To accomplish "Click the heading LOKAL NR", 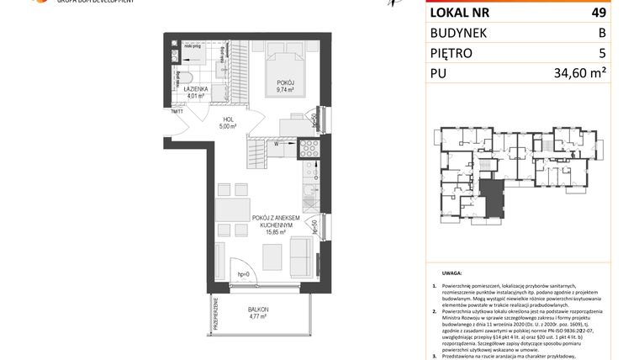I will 461,13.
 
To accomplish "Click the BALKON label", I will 259,310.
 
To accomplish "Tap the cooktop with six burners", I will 308,148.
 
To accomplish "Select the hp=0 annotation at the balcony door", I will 244,275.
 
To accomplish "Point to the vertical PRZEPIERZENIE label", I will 215,316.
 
